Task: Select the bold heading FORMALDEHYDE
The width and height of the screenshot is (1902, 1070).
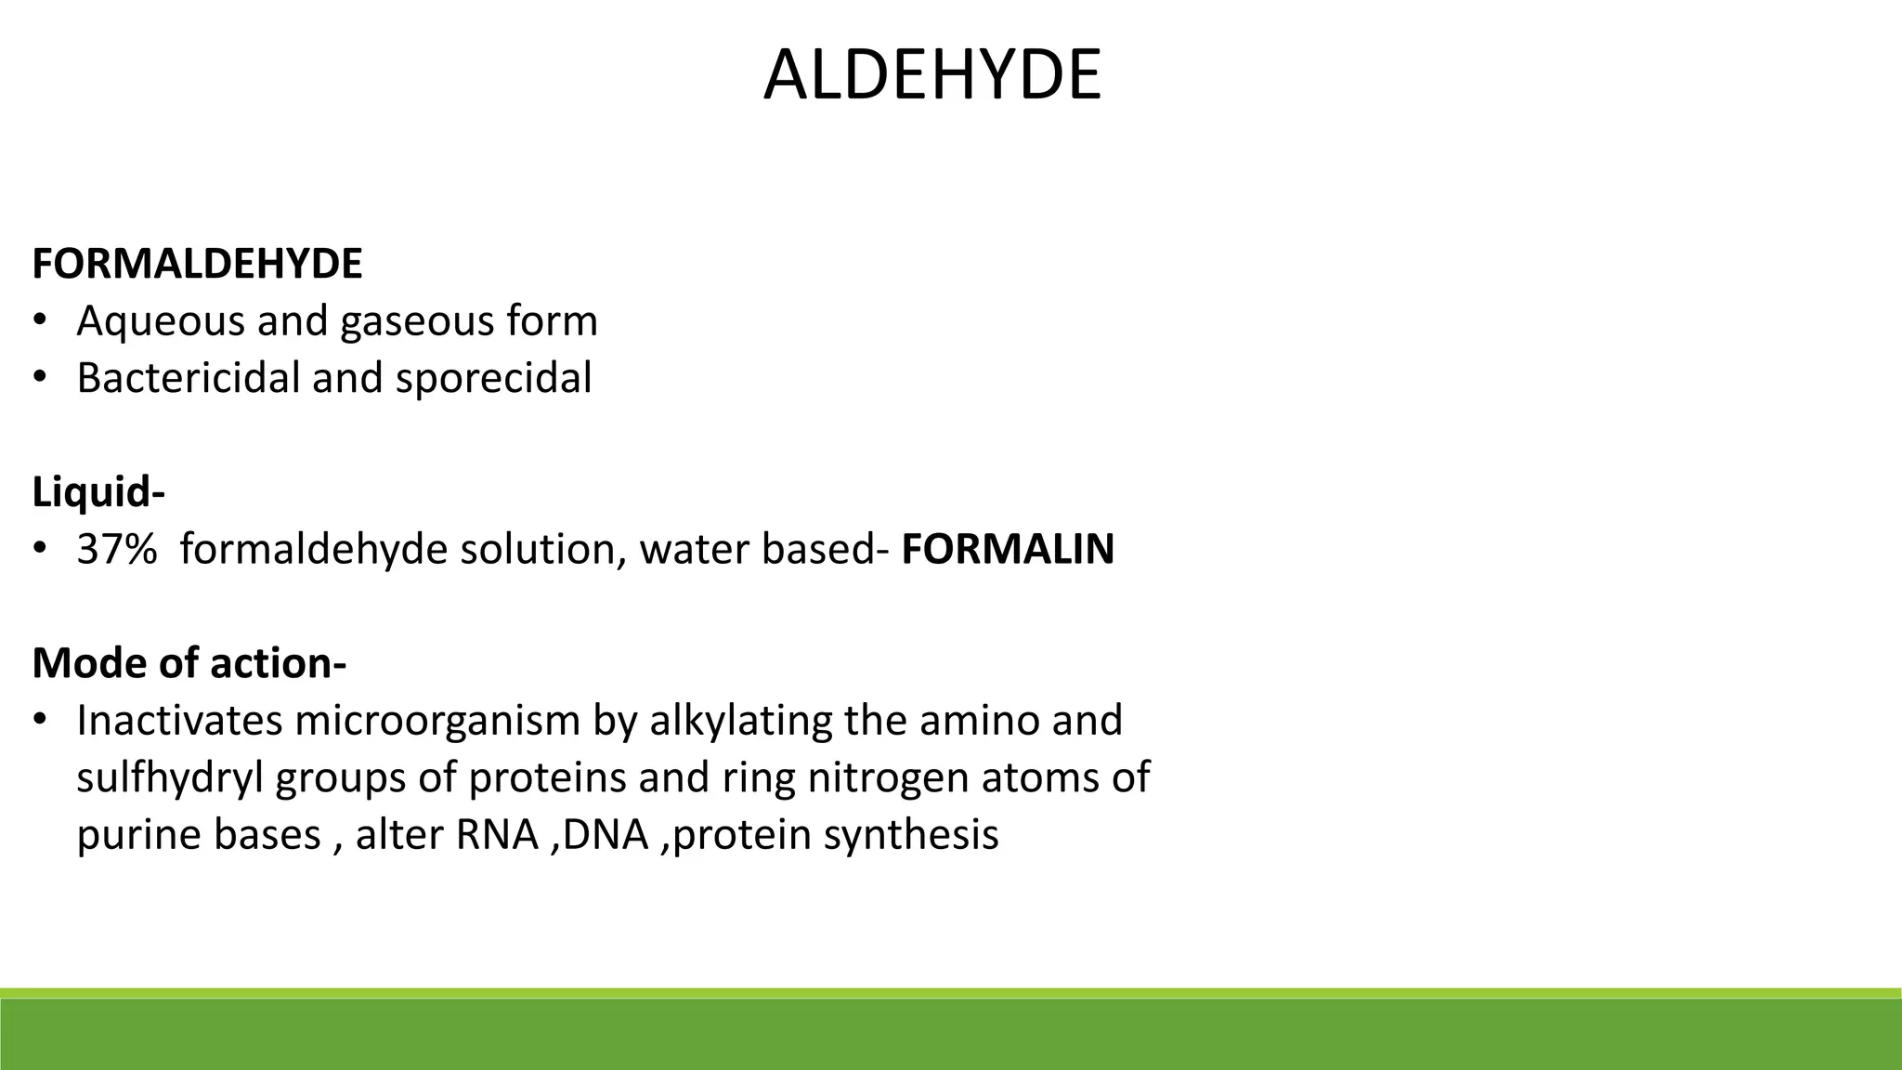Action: [197, 265]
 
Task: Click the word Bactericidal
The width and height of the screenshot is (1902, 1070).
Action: [187, 378]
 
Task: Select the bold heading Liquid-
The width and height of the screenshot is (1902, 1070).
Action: [98, 492]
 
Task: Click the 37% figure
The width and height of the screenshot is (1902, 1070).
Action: [116, 549]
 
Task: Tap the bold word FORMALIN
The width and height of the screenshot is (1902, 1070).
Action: [1008, 549]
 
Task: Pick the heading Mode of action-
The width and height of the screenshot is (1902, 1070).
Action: [189, 663]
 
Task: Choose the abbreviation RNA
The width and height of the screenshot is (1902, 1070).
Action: [497, 834]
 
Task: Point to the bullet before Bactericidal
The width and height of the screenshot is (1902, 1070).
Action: [39, 378]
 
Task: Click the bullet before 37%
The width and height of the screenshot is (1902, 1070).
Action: [39, 549]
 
